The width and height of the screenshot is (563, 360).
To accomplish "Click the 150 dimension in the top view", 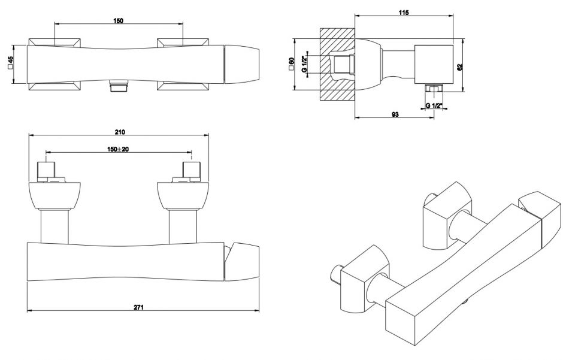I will [x=118, y=21].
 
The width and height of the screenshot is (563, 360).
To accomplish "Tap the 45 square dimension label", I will [x=11, y=63].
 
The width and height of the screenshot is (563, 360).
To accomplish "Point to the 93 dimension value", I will [x=395, y=114].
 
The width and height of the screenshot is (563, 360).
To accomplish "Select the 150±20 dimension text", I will [x=119, y=149].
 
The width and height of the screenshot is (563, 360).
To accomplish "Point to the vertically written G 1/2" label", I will [x=304, y=64].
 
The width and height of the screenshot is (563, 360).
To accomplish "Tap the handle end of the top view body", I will [x=243, y=63].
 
